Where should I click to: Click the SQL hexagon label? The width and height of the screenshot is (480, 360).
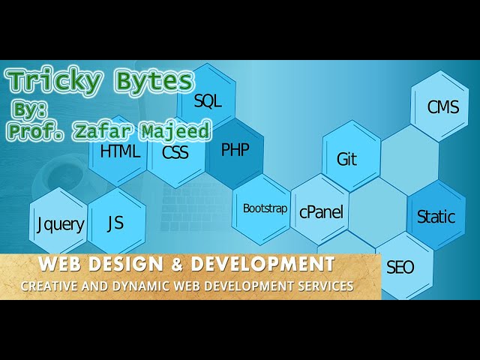tap(208, 100)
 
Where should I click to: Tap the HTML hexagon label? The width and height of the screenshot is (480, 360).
tap(120, 151)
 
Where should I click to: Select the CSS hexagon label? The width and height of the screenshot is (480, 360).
tap(175, 152)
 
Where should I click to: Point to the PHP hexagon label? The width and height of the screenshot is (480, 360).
tap(235, 150)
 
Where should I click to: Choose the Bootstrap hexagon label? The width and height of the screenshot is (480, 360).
tap(265, 208)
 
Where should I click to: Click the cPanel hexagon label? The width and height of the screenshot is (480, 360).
tap(321, 212)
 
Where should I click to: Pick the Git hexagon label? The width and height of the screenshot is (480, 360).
tap(346, 160)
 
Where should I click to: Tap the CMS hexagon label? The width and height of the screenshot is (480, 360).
tap(442, 107)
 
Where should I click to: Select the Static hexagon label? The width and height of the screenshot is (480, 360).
tap(436, 217)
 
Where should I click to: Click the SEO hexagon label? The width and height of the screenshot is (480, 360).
tap(400, 267)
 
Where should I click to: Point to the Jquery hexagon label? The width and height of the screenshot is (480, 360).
tap(61, 224)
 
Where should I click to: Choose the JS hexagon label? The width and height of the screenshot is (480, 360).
tap(115, 223)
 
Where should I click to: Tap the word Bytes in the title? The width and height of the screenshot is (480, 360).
tap(152, 82)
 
